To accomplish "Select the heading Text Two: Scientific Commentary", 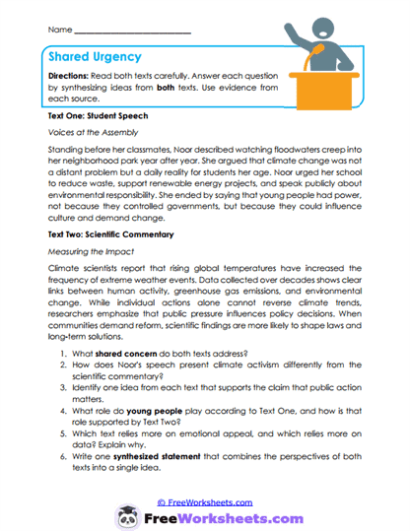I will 110,234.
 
